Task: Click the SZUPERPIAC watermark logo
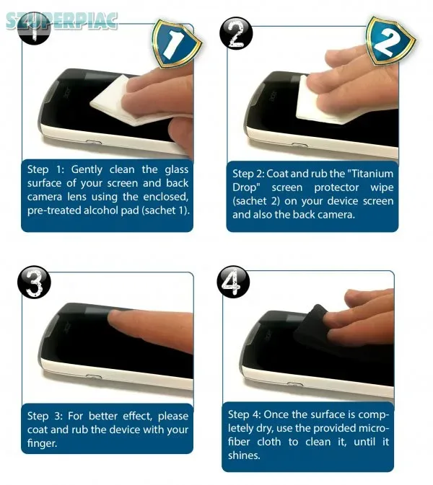pos(61,21)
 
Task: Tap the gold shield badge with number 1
pos(175,43)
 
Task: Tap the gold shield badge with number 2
pos(390,40)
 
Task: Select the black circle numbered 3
pos(34,282)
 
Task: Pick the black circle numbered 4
pos(233,282)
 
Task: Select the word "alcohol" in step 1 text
pos(100,210)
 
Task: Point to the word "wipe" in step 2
pos(382,188)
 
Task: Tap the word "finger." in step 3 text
pos(43,443)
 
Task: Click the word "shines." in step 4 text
pos(244,455)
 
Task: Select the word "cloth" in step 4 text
pos(269,442)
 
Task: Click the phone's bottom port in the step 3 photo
pos(94,377)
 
